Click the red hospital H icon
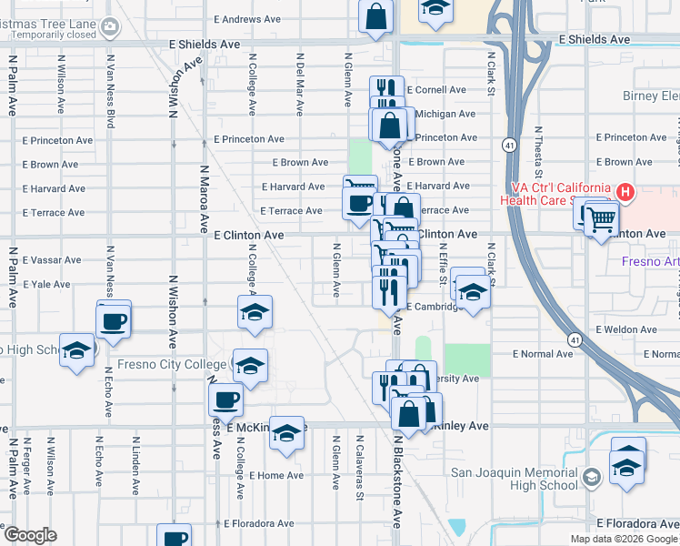click(x=625, y=192)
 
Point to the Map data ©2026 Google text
click(x=624, y=539)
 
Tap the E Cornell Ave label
click(x=436, y=90)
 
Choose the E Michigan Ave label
click(x=445, y=114)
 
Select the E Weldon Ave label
click(x=625, y=329)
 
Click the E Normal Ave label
click(x=543, y=353)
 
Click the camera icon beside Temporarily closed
click(x=110, y=27)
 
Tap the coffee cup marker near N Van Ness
click(x=114, y=320)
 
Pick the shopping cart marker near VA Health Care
click(x=601, y=219)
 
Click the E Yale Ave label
click(x=50, y=284)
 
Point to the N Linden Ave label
click(x=135, y=468)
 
